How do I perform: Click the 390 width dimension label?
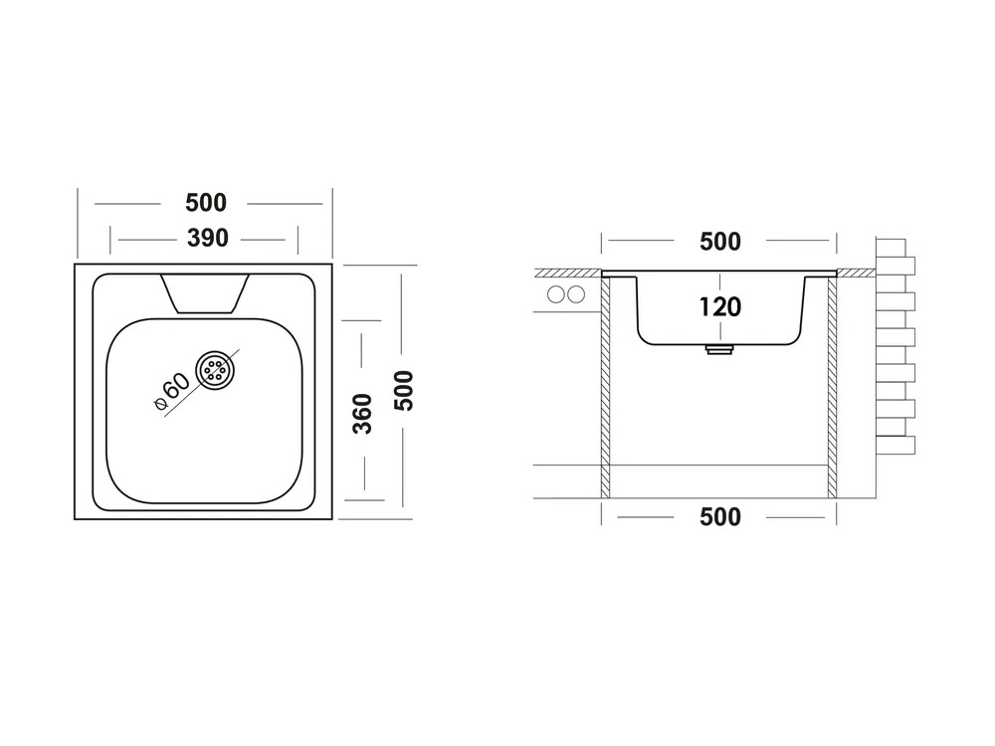[x=208, y=239]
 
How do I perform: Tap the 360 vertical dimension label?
[x=362, y=414]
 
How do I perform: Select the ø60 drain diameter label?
[x=172, y=391]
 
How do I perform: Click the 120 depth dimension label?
[x=719, y=307]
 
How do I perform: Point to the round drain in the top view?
[x=215, y=370]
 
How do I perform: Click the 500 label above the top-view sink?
[x=206, y=203]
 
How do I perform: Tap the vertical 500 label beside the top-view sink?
[x=404, y=391]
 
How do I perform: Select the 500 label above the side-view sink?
[x=719, y=242]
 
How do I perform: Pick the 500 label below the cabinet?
[x=719, y=517]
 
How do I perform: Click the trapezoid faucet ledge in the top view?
[x=204, y=293]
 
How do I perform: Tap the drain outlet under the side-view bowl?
[x=719, y=349]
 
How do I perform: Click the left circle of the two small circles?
[x=556, y=294]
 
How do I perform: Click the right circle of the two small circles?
[x=576, y=294]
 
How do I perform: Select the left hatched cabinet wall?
[x=605, y=387]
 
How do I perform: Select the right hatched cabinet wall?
[x=832, y=387]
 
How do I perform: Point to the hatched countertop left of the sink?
[x=568, y=273]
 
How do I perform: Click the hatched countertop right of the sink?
[x=856, y=273]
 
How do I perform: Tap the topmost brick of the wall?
[x=891, y=248]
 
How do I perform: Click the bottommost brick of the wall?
[x=895, y=446]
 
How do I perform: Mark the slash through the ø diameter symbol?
[x=161, y=404]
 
